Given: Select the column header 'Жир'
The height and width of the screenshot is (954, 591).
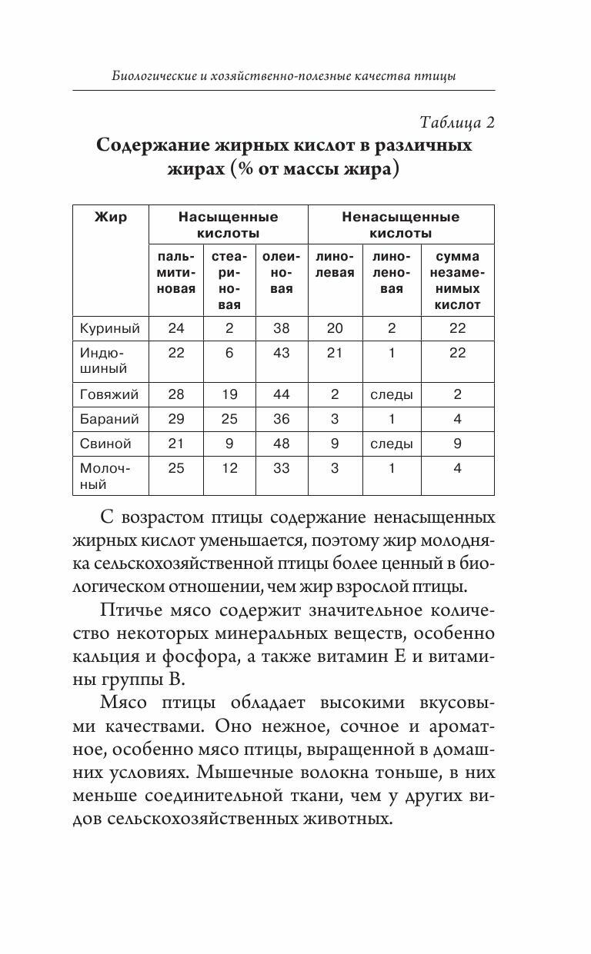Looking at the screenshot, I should [x=111, y=217].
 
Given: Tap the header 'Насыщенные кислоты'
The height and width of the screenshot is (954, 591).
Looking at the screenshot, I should [x=228, y=224].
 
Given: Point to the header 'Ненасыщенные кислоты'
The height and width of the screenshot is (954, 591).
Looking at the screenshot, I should [x=400, y=224].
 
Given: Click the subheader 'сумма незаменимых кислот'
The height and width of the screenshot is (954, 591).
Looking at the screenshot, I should [x=457, y=281].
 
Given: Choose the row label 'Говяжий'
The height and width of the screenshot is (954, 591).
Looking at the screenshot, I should [x=109, y=395].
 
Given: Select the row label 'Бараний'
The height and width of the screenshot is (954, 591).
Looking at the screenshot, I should [x=109, y=419].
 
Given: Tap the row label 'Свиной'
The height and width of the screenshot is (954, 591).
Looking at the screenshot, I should [x=105, y=444].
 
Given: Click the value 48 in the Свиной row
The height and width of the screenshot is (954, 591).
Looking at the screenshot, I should [x=282, y=444].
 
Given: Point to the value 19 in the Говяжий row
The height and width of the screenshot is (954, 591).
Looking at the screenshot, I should [x=229, y=395].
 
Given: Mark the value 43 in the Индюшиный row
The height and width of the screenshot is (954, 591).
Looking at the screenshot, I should [x=282, y=353].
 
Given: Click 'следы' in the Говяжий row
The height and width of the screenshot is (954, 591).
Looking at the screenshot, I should [x=392, y=395].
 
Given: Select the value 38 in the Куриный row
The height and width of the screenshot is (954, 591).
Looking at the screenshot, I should [x=282, y=328].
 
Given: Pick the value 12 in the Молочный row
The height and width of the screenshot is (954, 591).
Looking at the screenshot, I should [x=229, y=468].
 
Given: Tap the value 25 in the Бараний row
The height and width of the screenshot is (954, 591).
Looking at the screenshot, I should [x=229, y=419].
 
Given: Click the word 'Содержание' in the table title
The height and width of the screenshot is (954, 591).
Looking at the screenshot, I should [x=159, y=146].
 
